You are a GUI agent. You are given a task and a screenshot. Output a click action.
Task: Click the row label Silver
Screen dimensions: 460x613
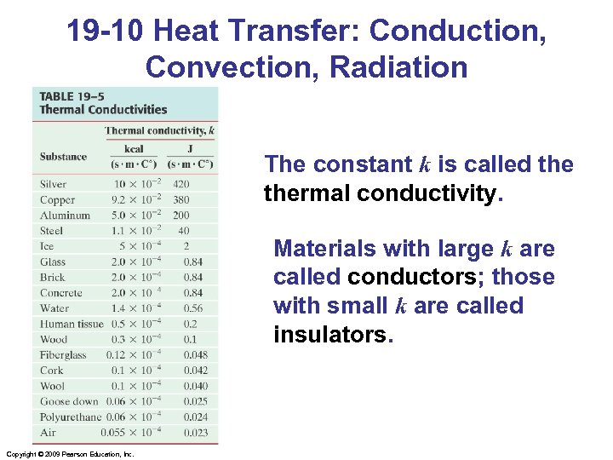pos(53,184)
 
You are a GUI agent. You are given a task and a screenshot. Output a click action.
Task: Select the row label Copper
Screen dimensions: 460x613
pos(57,200)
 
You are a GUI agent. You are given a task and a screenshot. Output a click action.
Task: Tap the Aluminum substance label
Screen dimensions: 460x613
pos(65,216)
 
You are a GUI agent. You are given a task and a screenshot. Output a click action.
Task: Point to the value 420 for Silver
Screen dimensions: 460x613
pos(180,184)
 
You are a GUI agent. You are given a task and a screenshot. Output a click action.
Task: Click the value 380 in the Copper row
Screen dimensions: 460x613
pos(180,200)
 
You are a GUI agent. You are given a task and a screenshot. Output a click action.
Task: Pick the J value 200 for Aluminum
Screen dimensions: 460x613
pos(180,216)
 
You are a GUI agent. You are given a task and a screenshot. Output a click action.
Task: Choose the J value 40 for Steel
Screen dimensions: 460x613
pos(184,231)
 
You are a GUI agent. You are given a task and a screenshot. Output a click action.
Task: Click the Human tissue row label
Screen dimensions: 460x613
pos(72,324)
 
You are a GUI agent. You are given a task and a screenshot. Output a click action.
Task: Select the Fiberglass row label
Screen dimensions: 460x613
pos(63,354)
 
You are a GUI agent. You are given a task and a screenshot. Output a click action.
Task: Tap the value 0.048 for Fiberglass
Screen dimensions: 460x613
pos(195,354)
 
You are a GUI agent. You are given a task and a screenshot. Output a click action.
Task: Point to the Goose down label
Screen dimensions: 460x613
pos(69,401)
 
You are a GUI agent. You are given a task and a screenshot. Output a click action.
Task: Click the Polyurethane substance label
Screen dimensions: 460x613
pos(70,417)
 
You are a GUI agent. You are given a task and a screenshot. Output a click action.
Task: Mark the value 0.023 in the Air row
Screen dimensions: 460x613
pos(195,433)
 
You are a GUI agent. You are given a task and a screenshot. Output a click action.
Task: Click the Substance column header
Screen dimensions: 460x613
pos(63,156)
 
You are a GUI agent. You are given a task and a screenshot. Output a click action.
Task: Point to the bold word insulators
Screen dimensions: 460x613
pos(330,335)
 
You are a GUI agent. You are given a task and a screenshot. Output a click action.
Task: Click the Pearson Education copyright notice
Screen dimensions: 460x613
pos(69,454)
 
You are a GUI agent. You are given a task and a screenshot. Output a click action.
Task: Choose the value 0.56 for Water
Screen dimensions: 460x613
pos(193,308)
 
